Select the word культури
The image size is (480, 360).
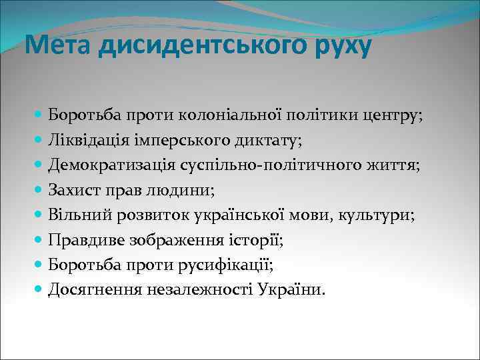(379, 215)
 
